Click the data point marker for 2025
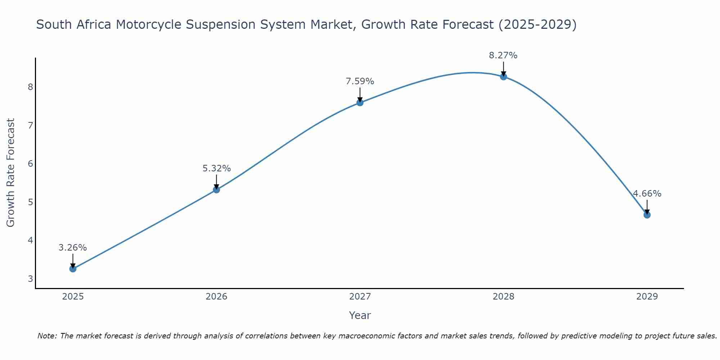(x=73, y=269)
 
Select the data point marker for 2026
(x=216, y=190)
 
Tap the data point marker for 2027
(x=360, y=103)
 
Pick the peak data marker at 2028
(x=503, y=77)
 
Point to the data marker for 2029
(x=647, y=215)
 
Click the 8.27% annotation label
(x=503, y=55)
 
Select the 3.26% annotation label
(x=73, y=248)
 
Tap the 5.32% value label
(x=216, y=168)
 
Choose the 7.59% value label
(x=360, y=81)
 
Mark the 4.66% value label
(x=647, y=194)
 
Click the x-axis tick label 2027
(x=360, y=297)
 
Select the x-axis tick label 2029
(x=647, y=297)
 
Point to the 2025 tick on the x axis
(x=73, y=297)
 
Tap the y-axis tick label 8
(x=30, y=87)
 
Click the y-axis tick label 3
(x=30, y=279)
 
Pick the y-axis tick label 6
(x=30, y=163)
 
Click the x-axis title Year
(x=360, y=315)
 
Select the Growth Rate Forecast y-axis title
(x=11, y=173)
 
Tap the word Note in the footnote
(x=46, y=336)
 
